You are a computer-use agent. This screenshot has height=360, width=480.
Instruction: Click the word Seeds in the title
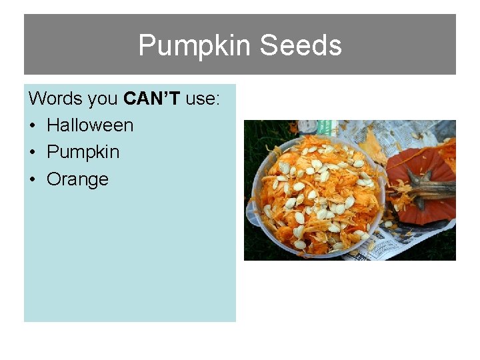tap(301, 45)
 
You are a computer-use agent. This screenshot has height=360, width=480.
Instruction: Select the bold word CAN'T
tap(152, 99)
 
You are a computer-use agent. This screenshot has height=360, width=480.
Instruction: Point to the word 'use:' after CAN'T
tap(203, 99)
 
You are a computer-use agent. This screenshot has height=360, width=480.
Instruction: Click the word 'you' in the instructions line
tap(103, 99)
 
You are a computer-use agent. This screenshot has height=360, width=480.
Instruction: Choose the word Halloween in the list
tap(90, 125)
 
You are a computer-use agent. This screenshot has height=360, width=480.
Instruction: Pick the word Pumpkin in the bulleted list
tap(83, 153)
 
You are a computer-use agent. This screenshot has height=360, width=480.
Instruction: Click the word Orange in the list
tap(77, 179)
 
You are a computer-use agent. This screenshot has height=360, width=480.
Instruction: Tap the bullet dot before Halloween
tap(33, 126)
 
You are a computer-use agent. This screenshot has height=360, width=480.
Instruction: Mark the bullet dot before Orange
tap(33, 180)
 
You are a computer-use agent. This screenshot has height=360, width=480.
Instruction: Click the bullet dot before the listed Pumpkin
tap(33, 153)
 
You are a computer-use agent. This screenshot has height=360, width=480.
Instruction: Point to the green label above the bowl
tap(325, 127)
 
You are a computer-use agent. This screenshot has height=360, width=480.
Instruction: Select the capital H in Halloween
tap(53, 125)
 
